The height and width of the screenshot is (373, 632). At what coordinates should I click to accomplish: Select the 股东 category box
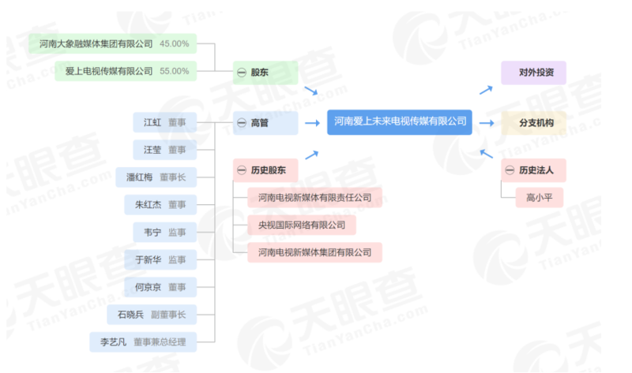pyautogui.click(x=265, y=72)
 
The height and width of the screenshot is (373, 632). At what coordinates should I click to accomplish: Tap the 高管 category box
pyautogui.click(x=265, y=122)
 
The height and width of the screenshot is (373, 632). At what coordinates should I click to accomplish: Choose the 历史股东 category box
pyautogui.click(x=265, y=169)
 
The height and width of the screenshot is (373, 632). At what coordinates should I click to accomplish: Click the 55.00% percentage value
pyautogui.click(x=174, y=71)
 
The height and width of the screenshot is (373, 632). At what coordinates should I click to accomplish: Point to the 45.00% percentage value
pyautogui.click(x=174, y=43)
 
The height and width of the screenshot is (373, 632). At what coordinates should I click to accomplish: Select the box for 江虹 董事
pyautogui.click(x=164, y=122)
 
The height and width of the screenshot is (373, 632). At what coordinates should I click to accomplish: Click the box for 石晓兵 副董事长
pyautogui.click(x=151, y=314)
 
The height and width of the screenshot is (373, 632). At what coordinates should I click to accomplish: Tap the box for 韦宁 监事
pyautogui.click(x=164, y=232)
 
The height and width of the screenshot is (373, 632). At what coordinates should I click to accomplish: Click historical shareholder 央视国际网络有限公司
pyautogui.click(x=301, y=225)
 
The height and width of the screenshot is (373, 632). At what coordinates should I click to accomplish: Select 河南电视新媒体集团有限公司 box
pyautogui.click(x=314, y=252)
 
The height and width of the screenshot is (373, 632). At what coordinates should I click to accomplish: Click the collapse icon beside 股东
pyautogui.click(x=242, y=73)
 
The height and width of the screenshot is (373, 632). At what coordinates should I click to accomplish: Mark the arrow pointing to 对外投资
pyautogui.click(x=487, y=88)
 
